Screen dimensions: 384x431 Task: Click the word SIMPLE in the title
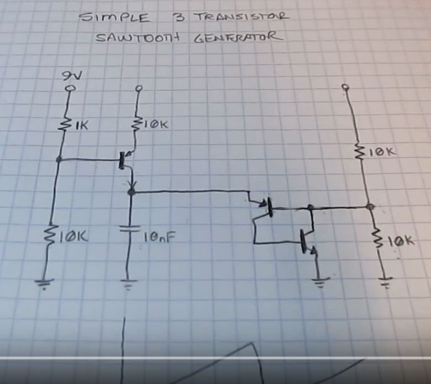coord(114,18)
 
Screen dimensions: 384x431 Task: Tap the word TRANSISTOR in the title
coord(240,16)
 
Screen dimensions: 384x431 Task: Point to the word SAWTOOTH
coord(133,39)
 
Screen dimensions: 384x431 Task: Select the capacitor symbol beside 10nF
coord(130,229)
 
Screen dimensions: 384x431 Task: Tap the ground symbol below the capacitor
coord(129,286)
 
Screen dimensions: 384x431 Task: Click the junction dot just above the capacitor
coord(131,192)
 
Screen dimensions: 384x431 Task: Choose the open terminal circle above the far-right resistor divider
coord(345,87)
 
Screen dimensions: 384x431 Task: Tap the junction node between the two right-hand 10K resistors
coord(370,208)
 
